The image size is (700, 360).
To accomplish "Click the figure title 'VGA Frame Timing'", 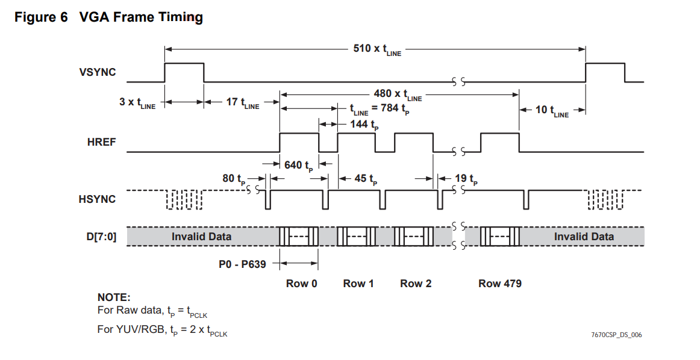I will [x=141, y=17].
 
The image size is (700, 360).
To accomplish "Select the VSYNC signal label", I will [x=97, y=73].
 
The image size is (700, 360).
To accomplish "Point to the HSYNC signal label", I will [x=97, y=199].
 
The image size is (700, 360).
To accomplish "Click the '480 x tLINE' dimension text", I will [x=398, y=95].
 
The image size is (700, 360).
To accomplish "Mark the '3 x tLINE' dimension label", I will [x=137, y=103].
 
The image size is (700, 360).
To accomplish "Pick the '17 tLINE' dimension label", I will [x=242, y=103].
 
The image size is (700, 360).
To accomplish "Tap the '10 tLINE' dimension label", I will [x=551, y=111].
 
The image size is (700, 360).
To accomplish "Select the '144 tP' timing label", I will [x=363, y=125].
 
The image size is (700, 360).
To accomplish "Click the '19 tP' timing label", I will [x=464, y=179].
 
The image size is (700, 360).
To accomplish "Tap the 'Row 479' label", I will [x=499, y=284].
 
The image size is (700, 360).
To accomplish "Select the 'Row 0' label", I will [x=301, y=284].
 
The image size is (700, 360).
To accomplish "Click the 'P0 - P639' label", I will [x=242, y=263].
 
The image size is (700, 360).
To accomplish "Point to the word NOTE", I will [x=113, y=297].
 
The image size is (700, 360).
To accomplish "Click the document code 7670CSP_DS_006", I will [x=616, y=335].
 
